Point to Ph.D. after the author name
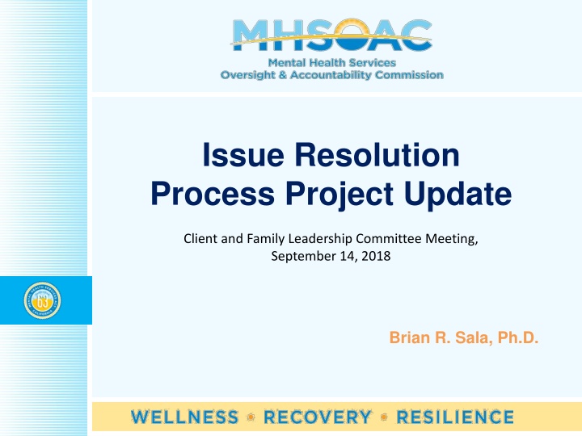point(517,338)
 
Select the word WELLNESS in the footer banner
point(185,417)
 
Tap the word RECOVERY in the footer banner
point(317,417)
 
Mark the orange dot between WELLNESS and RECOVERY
point(251,417)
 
